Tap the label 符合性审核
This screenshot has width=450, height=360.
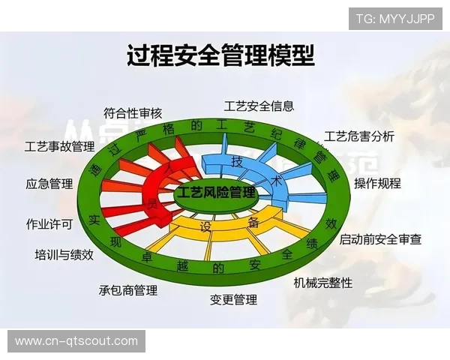pyautogui.click(x=133, y=114)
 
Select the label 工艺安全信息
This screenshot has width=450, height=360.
pyautogui.click(x=259, y=106)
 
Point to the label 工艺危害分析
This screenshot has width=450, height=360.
pyautogui.click(x=359, y=136)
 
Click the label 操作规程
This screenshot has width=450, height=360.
pyautogui.click(x=377, y=183)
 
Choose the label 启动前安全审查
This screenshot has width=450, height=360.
pyautogui.click(x=380, y=239)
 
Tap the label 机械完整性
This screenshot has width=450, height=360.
pyautogui.click(x=322, y=283)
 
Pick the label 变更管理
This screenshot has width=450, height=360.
pyautogui.click(x=233, y=300)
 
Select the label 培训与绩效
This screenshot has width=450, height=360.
pyautogui.click(x=64, y=254)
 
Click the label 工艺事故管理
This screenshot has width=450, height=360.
pyautogui.click(x=59, y=146)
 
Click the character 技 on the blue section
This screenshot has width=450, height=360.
pyautogui.click(x=237, y=162)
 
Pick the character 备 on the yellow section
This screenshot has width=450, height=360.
pyautogui.click(x=253, y=223)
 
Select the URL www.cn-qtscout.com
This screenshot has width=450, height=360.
pyautogui.click(x=76, y=341)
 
